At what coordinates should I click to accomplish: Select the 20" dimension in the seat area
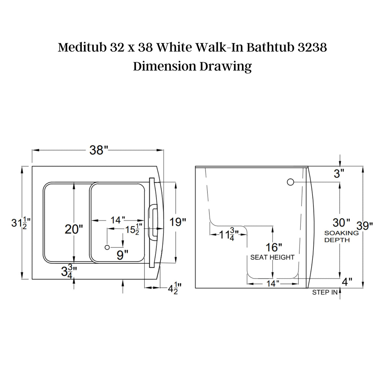pos(74,229)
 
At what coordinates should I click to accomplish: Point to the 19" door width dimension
pos(177,222)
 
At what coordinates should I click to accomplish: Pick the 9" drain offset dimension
pos(122,255)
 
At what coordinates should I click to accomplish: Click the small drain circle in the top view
pos(107,247)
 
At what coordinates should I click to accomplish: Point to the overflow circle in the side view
pos(290,182)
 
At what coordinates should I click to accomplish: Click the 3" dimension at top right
pos(339,174)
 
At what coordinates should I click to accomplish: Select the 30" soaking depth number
pos(341,222)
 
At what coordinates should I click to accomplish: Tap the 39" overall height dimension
pos(365,226)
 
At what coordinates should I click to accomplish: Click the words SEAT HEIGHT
pos(272,257)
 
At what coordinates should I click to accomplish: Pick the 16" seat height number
pos(274,247)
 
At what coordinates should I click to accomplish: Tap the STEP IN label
pos(325,292)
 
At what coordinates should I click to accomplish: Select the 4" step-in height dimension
pos(347,282)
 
